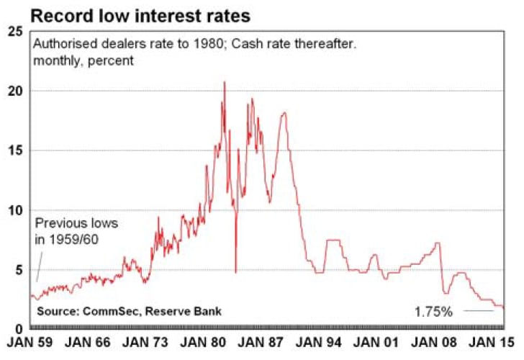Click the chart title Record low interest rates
pos(140,16)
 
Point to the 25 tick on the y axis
pos(15,32)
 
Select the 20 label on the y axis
pos(15,91)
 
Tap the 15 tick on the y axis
pos(15,150)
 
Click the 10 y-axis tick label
pos(15,210)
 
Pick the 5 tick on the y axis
pos(19,270)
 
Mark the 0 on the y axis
pos(19,329)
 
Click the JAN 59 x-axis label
pos(30,342)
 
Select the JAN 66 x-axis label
pos(87,342)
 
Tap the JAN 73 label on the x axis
pos(145,342)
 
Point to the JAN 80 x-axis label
pos(203,342)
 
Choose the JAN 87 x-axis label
pos(261,342)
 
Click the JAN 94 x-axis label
pos(318,342)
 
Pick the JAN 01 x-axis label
pos(376,342)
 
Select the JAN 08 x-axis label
pos(434,342)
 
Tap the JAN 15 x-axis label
pos(491,342)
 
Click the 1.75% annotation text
pos(433,312)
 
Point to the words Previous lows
pos(76,223)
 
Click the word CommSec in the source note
pos(111,311)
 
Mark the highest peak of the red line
pos(225,81)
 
